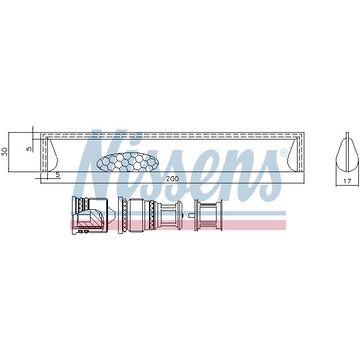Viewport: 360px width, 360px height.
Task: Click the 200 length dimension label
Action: [x=172, y=178]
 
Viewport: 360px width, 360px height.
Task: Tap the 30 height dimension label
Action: [x=4, y=151]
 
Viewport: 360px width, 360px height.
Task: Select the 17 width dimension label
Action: [x=347, y=181]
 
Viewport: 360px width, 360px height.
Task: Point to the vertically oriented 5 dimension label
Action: [x=29, y=148]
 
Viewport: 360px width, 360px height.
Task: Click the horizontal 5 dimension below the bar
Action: [x=57, y=175]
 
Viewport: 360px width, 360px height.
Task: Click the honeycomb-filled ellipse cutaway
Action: [x=128, y=162]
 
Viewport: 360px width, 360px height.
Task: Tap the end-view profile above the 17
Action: [x=347, y=152]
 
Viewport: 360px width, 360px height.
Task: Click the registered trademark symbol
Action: [x=283, y=152]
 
